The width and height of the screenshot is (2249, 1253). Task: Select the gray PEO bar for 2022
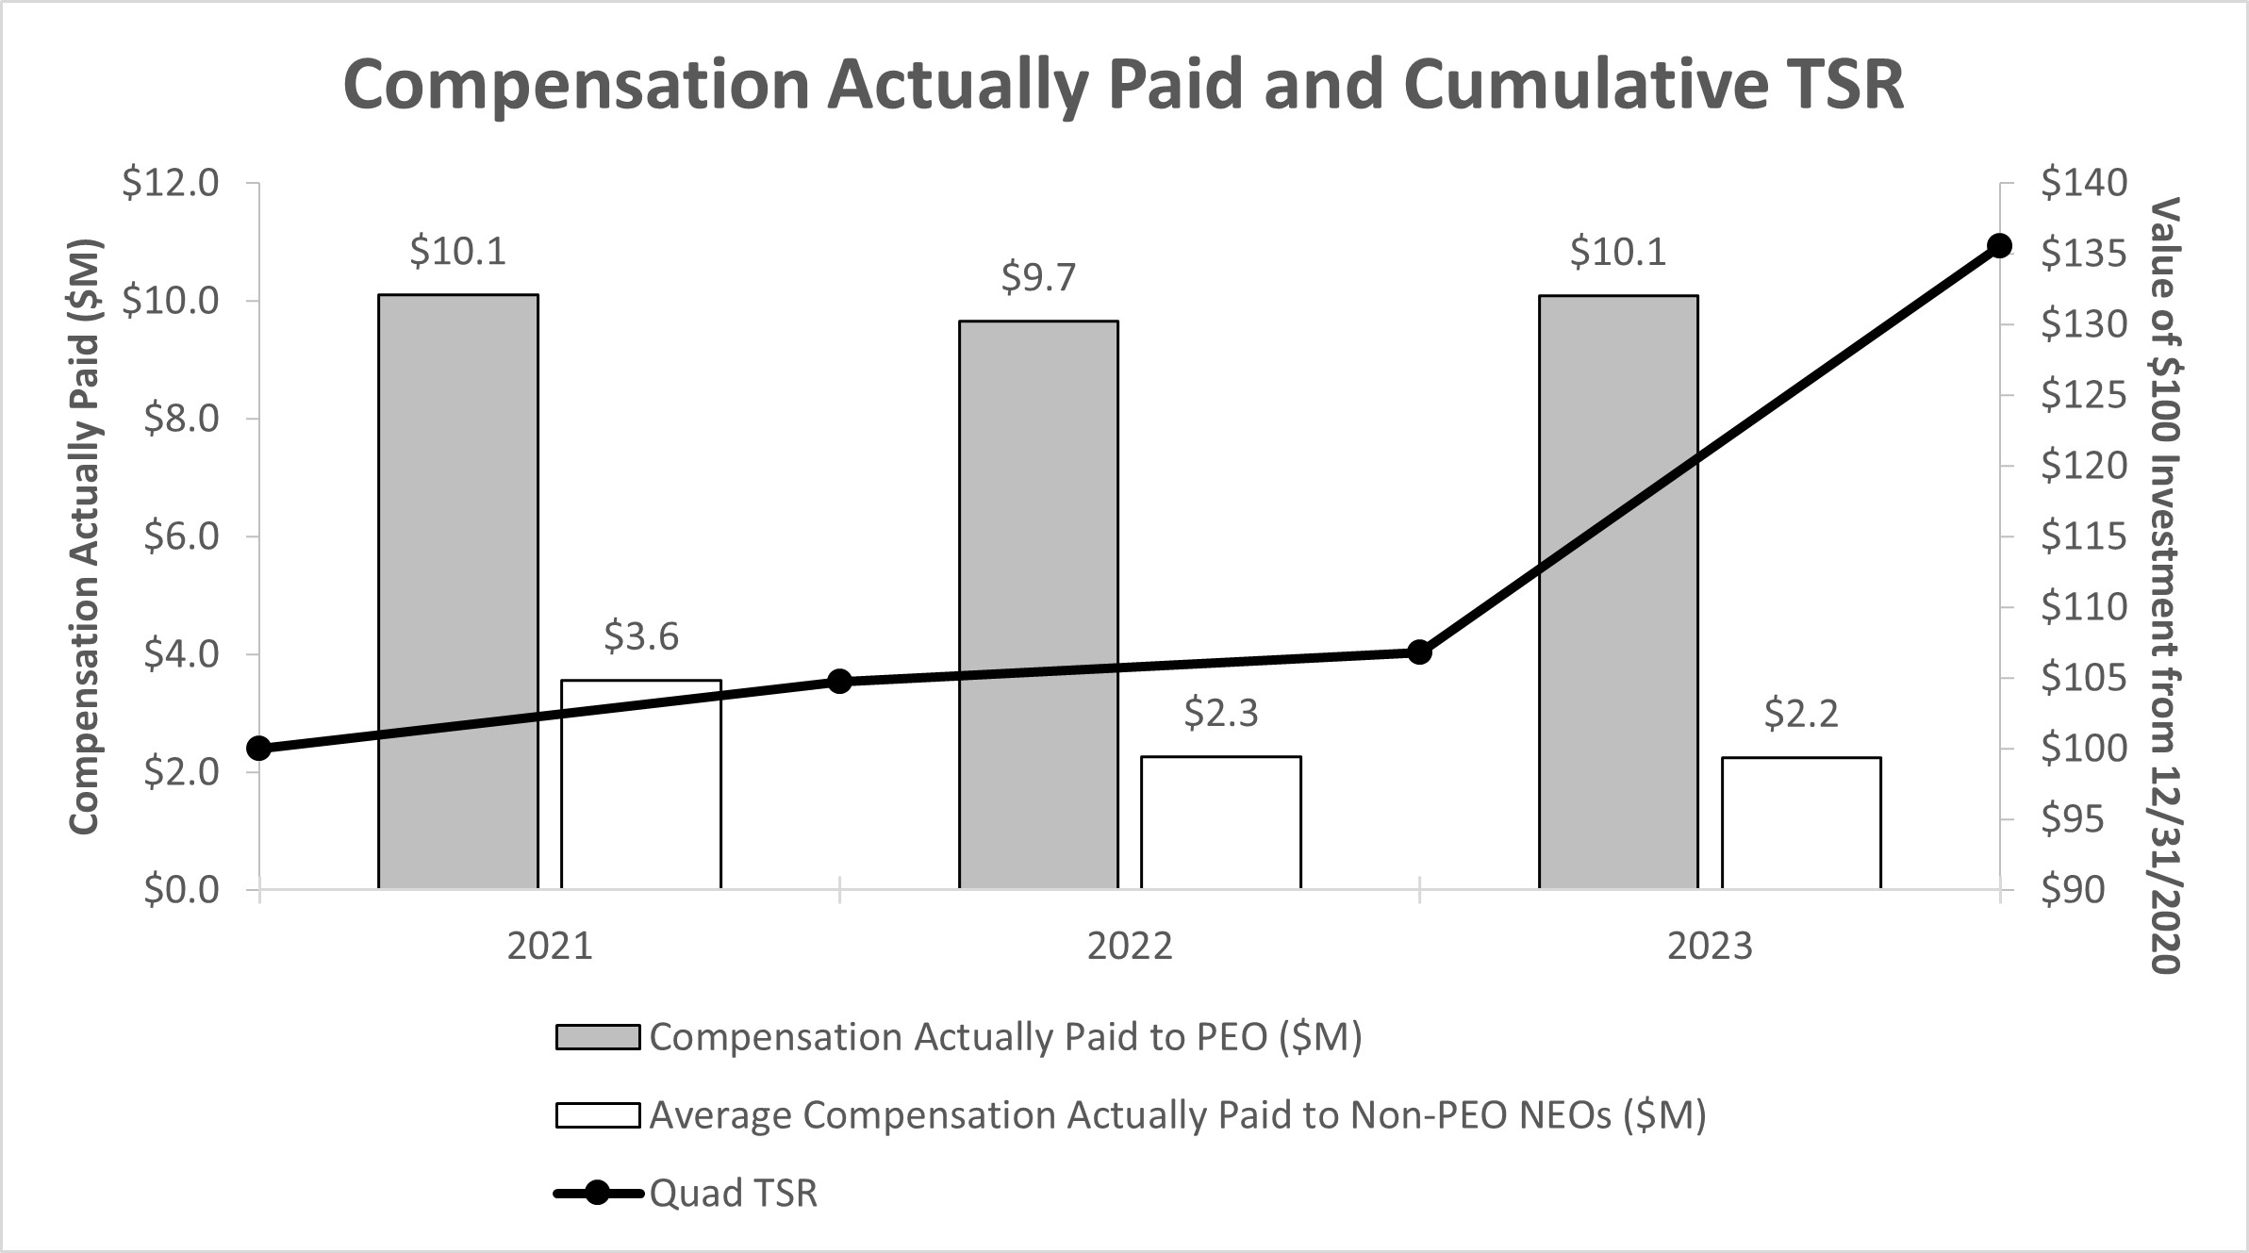pos(1038,604)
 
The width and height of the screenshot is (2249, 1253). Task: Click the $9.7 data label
pos(1038,277)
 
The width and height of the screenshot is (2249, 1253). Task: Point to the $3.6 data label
pos(641,637)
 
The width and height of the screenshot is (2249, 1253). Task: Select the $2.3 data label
pos(1221,714)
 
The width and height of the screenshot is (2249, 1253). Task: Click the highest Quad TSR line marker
pos(1999,246)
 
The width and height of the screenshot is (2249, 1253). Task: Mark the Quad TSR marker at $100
pos(259,749)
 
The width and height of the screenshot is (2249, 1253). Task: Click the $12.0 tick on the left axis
pos(170,183)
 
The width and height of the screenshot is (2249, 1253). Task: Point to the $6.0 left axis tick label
pos(181,536)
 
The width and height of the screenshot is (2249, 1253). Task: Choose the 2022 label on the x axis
pos(1130,946)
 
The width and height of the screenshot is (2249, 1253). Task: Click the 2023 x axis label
pos(1710,946)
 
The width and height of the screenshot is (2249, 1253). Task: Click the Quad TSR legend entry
pos(733,1194)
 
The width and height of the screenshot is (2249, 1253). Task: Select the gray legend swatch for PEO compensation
pos(598,1037)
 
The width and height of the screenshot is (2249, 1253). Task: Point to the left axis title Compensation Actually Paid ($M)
pos(85,537)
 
